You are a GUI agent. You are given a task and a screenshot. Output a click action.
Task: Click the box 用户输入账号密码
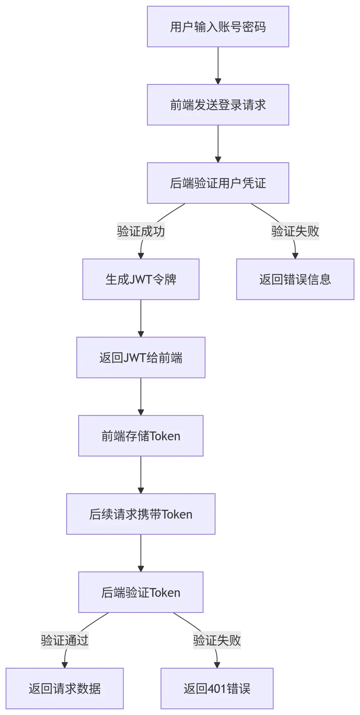218,27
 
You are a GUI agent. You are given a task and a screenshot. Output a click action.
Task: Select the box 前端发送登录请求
218,105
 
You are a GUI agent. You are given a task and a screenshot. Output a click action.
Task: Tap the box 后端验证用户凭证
218,183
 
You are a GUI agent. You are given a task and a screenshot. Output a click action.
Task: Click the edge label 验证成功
141,231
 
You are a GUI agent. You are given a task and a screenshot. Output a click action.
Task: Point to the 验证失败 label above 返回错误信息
295,231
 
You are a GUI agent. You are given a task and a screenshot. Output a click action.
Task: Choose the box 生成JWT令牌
141,279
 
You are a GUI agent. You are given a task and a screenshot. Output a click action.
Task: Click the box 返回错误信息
295,279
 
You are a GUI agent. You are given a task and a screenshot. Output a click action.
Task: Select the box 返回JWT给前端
141,357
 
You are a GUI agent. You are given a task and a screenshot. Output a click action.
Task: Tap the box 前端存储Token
141,436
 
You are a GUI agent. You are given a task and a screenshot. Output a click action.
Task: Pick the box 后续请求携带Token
141,514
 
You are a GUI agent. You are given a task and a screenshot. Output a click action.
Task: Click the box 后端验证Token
141,592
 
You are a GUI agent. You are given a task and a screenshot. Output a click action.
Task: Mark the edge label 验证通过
65,640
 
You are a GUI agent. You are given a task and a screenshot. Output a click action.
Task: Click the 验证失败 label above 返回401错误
217,640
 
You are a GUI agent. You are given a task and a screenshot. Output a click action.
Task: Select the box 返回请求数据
65,688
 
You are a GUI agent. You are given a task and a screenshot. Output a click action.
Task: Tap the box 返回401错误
217,688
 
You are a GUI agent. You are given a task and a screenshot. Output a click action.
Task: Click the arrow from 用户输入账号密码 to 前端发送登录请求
218,66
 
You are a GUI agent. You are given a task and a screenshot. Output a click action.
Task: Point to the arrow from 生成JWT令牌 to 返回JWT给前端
141,318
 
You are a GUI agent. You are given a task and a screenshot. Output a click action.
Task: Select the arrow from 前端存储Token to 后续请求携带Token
141,475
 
